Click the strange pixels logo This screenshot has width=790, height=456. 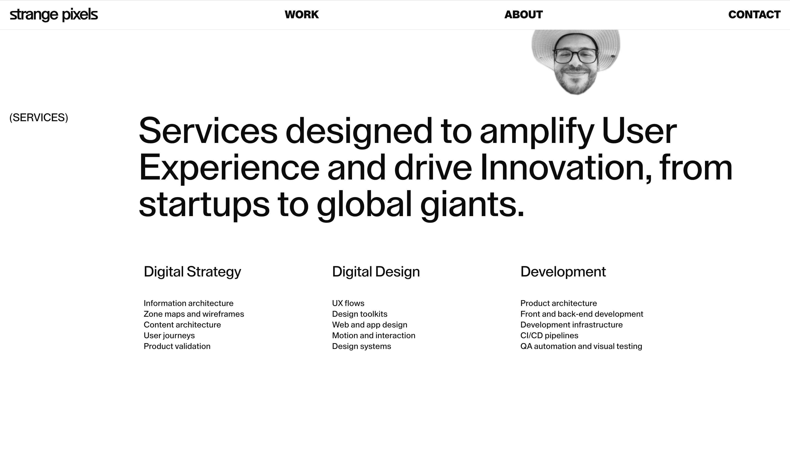54,15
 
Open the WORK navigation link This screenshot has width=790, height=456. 302,15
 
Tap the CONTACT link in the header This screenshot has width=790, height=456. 754,15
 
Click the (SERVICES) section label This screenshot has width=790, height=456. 39,118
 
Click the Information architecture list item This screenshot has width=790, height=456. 188,303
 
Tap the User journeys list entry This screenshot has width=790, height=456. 169,336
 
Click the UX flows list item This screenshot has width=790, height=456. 348,303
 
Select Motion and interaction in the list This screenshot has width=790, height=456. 374,335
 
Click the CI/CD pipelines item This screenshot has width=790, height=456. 549,336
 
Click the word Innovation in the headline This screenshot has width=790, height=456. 566,168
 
